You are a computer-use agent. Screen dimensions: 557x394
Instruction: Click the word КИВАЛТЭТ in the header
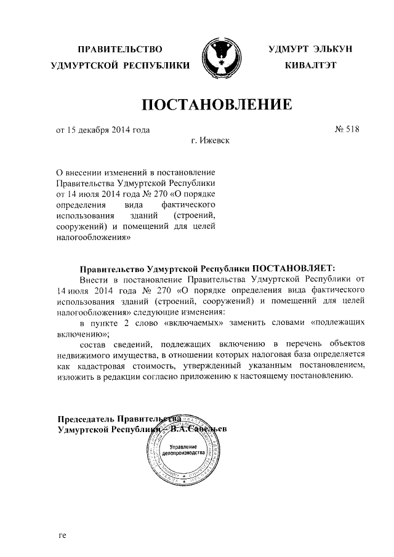pos(310,65)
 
